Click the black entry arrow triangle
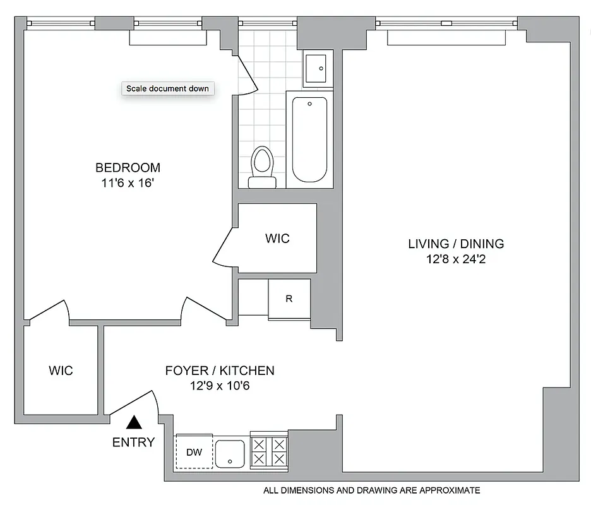click(x=133, y=423)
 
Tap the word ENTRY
click(x=133, y=443)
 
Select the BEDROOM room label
click(x=128, y=167)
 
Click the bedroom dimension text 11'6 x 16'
click(x=128, y=184)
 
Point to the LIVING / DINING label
click(x=456, y=244)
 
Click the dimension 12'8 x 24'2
click(x=456, y=259)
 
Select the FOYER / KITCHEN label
click(x=220, y=371)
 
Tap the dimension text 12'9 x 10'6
click(x=220, y=386)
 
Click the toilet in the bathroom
click(x=262, y=167)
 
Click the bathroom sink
click(x=315, y=68)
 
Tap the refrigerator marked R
click(x=289, y=299)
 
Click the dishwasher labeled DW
click(x=194, y=452)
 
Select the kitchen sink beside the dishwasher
click(x=230, y=453)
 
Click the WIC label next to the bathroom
click(x=277, y=238)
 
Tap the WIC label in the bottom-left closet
click(x=61, y=371)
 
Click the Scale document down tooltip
click(x=167, y=88)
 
